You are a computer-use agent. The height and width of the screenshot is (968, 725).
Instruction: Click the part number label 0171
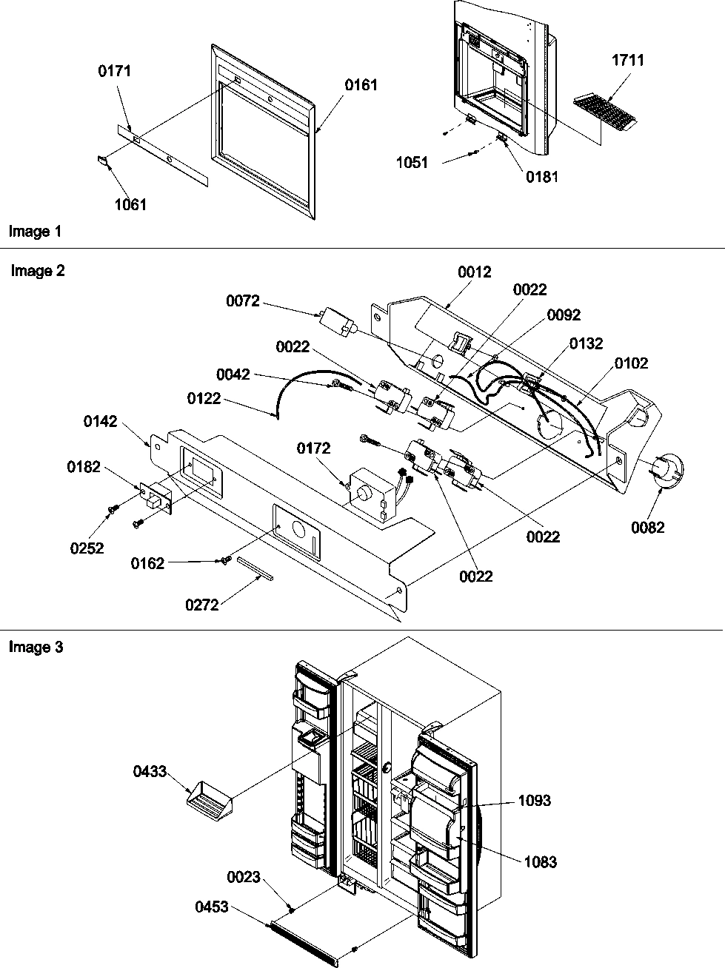[114, 71]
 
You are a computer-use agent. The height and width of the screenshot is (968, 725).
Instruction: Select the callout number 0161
[361, 85]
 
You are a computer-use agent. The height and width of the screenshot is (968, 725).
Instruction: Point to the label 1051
[412, 163]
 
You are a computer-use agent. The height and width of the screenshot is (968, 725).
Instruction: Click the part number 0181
[542, 176]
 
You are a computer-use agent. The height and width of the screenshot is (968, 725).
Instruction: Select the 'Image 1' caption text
[35, 232]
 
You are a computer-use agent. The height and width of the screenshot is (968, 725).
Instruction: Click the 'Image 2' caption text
[38, 271]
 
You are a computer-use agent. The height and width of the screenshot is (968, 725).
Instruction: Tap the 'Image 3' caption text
[36, 648]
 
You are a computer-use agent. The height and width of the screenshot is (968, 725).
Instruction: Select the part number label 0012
[474, 272]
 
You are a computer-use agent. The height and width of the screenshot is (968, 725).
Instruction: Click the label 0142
[101, 421]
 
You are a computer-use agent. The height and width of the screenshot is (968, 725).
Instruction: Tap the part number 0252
[86, 548]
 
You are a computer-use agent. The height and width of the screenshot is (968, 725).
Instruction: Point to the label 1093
[535, 801]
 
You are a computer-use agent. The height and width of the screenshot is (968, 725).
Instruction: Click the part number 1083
[541, 861]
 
